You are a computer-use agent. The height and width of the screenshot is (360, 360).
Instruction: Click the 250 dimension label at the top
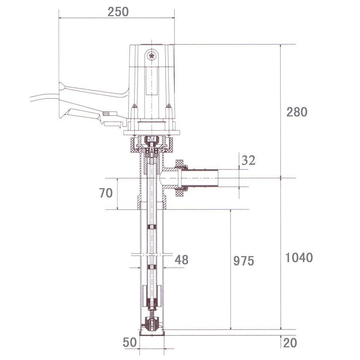click(118, 12)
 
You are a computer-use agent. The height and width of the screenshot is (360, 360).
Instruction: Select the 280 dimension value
click(297, 112)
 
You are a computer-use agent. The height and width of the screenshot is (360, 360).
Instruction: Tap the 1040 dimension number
click(299, 258)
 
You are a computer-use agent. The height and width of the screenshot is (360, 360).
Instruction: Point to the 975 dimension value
click(244, 261)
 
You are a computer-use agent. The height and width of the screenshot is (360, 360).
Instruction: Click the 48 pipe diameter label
click(181, 260)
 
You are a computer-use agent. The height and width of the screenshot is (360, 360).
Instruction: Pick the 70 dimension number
click(106, 193)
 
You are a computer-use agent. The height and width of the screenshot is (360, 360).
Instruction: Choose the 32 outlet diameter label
click(248, 160)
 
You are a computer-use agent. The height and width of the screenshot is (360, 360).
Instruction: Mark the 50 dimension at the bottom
click(130, 342)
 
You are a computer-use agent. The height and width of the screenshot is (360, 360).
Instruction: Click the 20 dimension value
click(290, 343)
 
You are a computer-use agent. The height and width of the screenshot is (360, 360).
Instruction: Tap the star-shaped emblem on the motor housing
click(152, 56)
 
